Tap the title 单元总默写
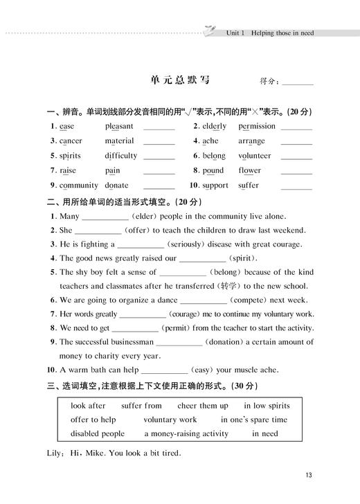[179, 80]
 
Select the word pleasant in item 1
[119, 126]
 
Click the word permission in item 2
[257, 126]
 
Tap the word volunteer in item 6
[255, 156]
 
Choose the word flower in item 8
[250, 170]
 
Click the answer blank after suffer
[297, 186]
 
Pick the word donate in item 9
[116, 186]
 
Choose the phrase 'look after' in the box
[88, 406]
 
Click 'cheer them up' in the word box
[203, 406]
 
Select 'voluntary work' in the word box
[170, 420]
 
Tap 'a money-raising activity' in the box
[186, 433]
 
